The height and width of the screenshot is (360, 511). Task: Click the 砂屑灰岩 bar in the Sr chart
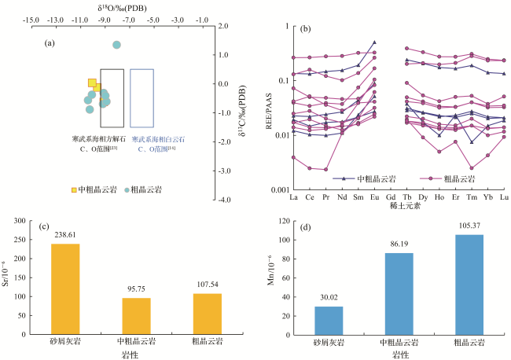click(x=65, y=288)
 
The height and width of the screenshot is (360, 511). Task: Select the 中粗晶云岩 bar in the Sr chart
click(x=136, y=315)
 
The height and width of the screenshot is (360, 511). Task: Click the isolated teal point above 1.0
click(x=116, y=45)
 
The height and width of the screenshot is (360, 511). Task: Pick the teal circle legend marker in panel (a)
click(x=126, y=189)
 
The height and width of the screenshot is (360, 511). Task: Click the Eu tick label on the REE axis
click(x=374, y=197)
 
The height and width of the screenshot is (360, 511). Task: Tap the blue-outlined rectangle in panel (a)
click(x=142, y=97)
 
